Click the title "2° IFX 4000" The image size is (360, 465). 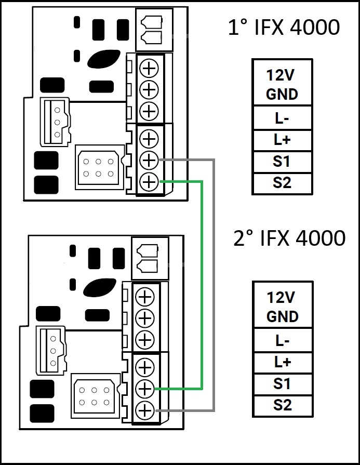coord(289,238)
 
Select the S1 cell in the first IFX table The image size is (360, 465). coord(282,162)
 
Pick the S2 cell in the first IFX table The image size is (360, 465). coord(282,183)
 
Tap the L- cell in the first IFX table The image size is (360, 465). coord(282,118)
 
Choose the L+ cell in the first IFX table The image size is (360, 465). coord(282,140)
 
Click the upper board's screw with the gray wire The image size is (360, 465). coord(149,160)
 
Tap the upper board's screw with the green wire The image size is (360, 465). coord(149,182)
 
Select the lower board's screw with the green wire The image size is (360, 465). coord(145,388)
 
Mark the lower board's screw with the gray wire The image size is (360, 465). coord(145,410)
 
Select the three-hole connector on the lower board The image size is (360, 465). coord(52,350)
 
